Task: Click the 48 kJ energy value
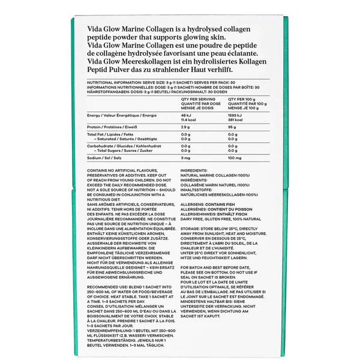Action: coord(185,115)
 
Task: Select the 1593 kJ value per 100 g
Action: coord(235,115)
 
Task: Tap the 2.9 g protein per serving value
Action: coord(185,127)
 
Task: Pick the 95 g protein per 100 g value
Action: coord(232,127)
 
